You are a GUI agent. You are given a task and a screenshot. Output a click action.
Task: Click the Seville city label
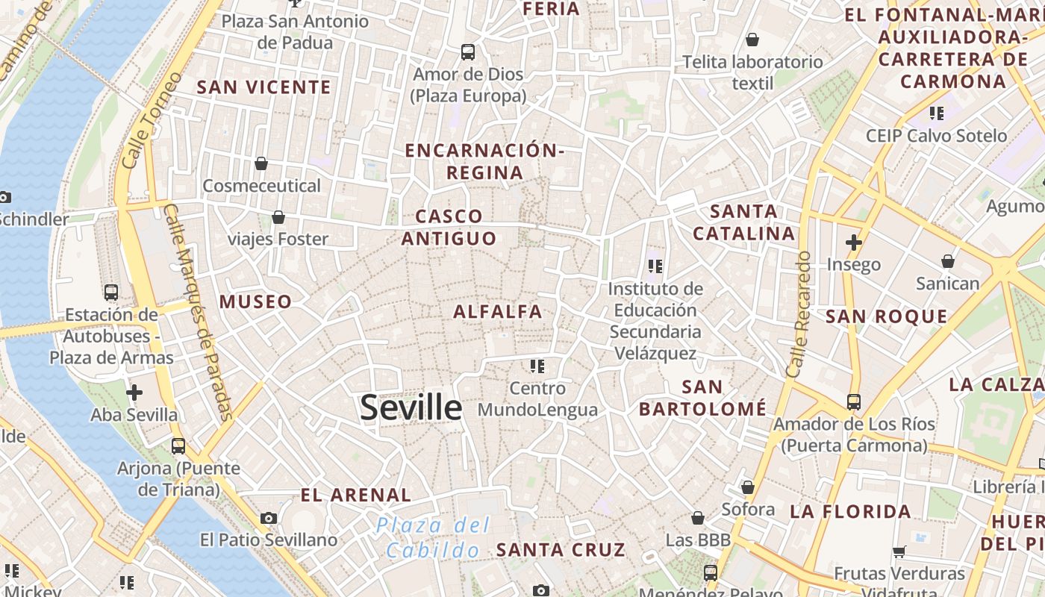[411, 407]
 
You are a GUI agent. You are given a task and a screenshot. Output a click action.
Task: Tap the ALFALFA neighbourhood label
[497, 311]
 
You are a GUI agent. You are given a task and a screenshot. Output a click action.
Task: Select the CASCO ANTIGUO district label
[449, 227]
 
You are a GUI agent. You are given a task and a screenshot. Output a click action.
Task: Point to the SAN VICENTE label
[263, 87]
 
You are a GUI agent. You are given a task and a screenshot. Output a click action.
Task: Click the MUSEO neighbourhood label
[255, 301]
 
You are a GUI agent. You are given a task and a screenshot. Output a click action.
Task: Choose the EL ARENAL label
[355, 495]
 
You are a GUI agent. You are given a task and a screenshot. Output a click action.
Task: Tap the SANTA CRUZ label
[561, 550]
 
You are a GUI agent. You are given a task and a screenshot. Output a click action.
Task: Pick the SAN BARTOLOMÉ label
[702, 398]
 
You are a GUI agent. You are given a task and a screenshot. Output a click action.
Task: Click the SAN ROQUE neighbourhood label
[886, 316]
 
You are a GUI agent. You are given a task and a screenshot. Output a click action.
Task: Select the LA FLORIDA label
[850, 511]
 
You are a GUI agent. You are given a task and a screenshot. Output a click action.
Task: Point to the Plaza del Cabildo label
[433, 537]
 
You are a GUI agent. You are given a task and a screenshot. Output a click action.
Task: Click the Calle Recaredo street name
[798, 313]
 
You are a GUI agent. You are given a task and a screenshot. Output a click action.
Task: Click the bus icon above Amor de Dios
[468, 52]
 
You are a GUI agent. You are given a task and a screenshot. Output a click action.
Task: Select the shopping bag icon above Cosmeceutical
[261, 163]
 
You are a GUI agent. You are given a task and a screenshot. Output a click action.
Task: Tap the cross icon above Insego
[854, 243]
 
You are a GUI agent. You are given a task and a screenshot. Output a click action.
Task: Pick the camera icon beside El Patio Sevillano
[269, 518]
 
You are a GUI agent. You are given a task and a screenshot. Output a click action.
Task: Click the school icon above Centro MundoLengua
[537, 366]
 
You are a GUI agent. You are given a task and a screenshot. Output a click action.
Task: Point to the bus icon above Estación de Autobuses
[111, 292]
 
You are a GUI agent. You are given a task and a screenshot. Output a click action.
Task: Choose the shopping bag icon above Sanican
[947, 261]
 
